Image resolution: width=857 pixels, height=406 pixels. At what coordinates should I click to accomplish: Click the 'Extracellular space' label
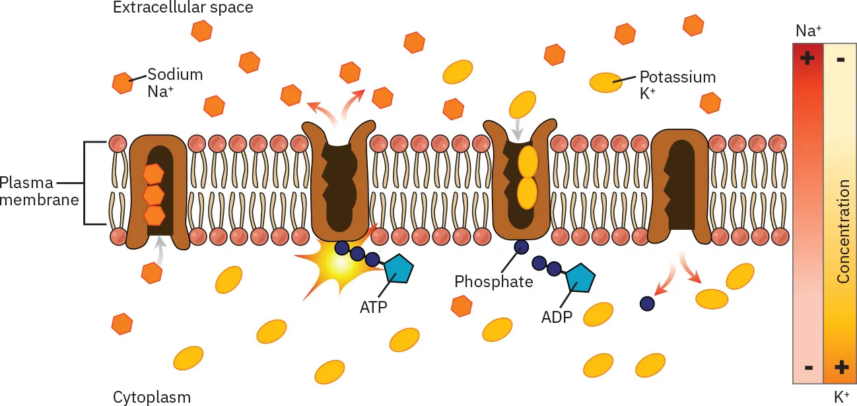tap(183, 8)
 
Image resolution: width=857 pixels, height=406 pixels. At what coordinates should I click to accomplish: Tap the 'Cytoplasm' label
tap(152, 397)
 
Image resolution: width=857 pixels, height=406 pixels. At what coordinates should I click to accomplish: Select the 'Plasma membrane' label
tap(40, 191)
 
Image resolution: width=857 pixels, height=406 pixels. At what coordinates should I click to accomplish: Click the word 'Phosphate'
tap(493, 282)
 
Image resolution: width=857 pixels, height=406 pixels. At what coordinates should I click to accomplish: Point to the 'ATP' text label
tap(373, 307)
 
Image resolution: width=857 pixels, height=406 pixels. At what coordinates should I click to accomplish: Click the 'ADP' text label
tap(557, 317)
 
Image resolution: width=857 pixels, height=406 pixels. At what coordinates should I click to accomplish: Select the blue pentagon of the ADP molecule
tap(579, 279)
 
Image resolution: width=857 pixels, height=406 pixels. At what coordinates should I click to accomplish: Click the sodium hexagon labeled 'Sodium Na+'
tap(123, 83)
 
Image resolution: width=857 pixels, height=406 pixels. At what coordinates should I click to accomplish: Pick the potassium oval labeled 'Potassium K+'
tap(605, 83)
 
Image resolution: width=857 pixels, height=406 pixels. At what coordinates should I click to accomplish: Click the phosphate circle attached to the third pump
tap(521, 247)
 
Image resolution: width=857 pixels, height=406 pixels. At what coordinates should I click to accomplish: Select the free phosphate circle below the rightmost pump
tap(647, 303)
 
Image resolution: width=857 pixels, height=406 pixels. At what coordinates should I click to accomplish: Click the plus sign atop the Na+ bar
tap(807, 58)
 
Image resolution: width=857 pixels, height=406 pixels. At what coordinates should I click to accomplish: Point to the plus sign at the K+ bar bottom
tap(841, 367)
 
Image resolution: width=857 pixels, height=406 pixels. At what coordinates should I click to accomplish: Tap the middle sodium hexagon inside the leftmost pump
tap(154, 195)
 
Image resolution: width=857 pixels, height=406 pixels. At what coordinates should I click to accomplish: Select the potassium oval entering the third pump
tap(522, 104)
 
